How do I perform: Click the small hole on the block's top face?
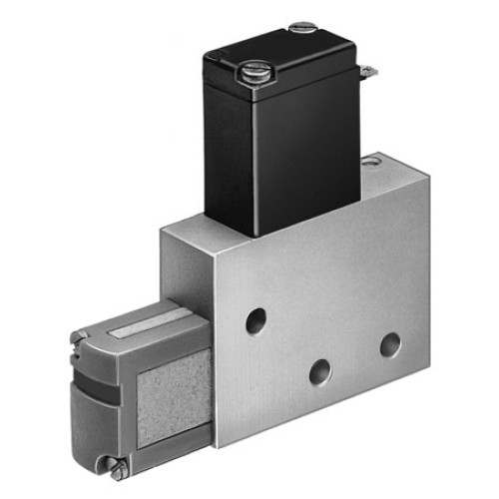(x=372, y=159)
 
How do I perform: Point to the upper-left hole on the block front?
(x=256, y=320)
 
